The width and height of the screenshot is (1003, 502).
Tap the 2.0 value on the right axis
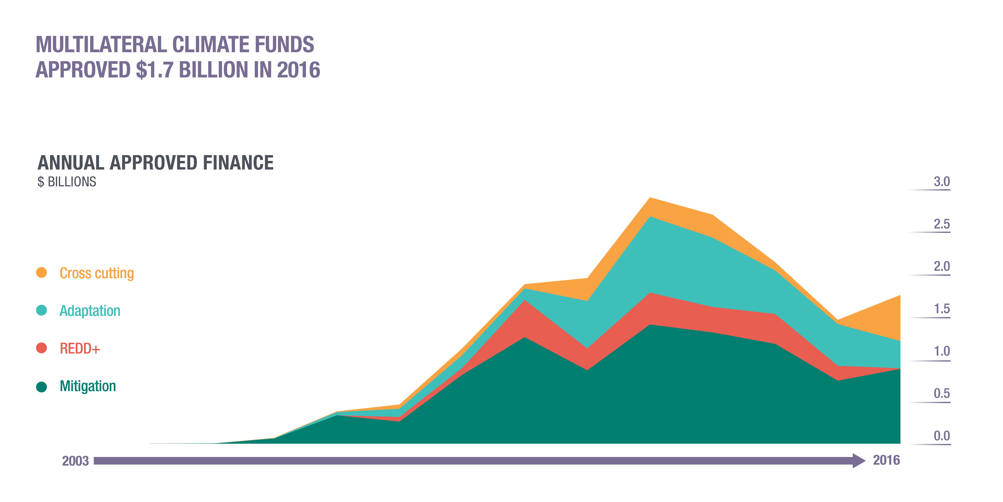point(942,267)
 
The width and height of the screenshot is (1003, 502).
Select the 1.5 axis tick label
point(942,309)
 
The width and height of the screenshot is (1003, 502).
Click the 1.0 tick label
point(942,352)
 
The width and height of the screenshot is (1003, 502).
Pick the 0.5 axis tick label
point(942,394)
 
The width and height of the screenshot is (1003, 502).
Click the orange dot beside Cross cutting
point(41,272)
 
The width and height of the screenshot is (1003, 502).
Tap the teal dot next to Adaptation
point(41,310)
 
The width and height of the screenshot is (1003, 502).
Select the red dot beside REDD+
point(41,348)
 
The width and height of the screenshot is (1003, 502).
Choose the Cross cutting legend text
point(97,273)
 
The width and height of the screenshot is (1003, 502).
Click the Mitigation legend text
point(88,386)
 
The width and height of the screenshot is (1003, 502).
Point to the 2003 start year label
point(76,461)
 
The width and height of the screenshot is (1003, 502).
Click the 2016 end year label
point(886,460)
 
